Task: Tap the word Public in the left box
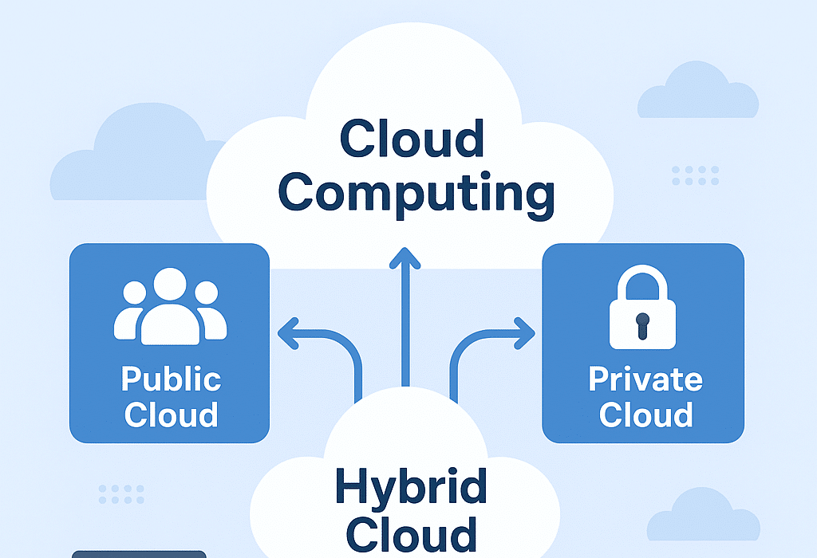tap(171, 379)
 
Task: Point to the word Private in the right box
tap(645, 379)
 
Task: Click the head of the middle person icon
tap(169, 285)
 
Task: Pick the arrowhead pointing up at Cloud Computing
tap(406, 257)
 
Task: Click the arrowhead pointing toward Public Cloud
tap(288, 334)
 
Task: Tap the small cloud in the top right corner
tap(697, 92)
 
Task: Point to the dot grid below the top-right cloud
tap(695, 175)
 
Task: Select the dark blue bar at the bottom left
tap(139, 553)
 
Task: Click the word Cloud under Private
tap(645, 415)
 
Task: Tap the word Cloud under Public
tap(171, 415)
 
